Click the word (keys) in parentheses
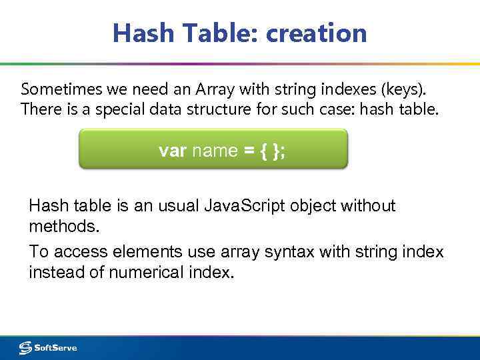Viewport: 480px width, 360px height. [x=402, y=89]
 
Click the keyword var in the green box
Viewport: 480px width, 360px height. [x=173, y=151]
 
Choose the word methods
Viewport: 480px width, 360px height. [x=64, y=227]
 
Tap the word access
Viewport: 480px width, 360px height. [x=83, y=252]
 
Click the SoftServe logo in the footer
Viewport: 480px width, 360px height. [x=48, y=347]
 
